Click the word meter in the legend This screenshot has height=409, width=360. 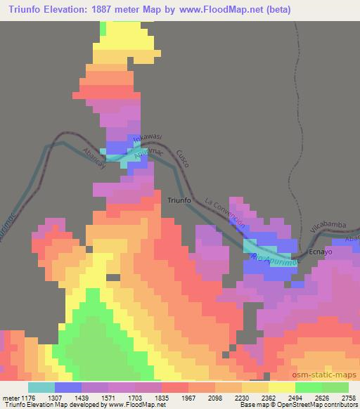pos(10,396)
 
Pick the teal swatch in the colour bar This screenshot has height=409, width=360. pos(41,387)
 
